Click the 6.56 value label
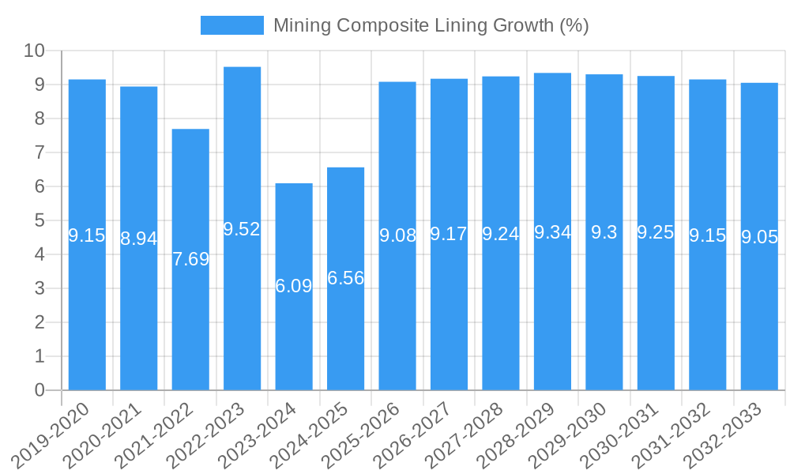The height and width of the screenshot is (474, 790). coord(345,278)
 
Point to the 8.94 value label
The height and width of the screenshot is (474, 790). coord(138,239)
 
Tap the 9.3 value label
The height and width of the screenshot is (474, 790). coord(604,232)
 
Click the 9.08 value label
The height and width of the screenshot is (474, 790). coord(397,235)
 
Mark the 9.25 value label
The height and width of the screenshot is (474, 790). coord(656,232)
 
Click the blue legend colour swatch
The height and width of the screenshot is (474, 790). coord(232,25)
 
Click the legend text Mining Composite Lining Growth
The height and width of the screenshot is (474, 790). coord(431,25)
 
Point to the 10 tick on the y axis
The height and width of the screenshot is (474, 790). coord(35,51)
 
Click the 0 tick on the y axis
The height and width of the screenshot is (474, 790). coord(40,390)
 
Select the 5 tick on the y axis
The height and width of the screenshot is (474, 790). coord(40,220)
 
